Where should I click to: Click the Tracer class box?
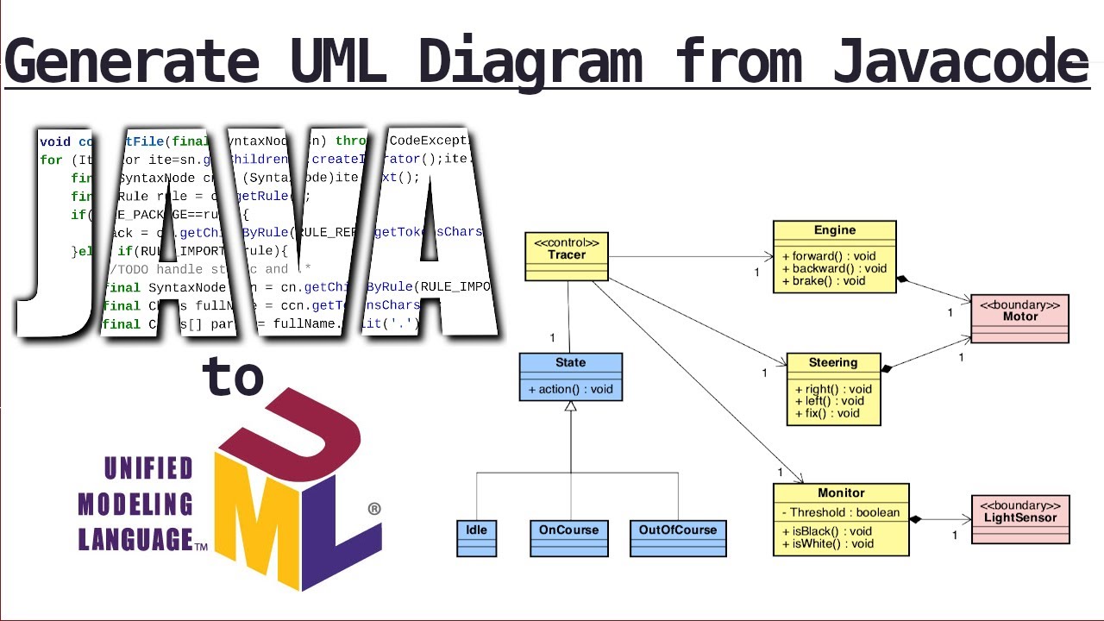pos(567,255)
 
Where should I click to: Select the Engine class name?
pos(834,230)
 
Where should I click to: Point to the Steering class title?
pos(833,362)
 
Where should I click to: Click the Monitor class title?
pos(841,492)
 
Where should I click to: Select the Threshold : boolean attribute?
pos(841,512)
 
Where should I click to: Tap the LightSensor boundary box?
pos(1020,518)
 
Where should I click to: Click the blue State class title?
pos(570,363)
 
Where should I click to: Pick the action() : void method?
pos(570,389)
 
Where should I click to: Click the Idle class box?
pos(476,537)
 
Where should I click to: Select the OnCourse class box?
pos(568,537)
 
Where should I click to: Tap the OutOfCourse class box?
pos(677,537)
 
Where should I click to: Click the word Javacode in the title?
pos(960,62)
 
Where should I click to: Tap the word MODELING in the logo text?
pos(135,505)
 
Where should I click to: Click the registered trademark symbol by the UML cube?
pos(374,509)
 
